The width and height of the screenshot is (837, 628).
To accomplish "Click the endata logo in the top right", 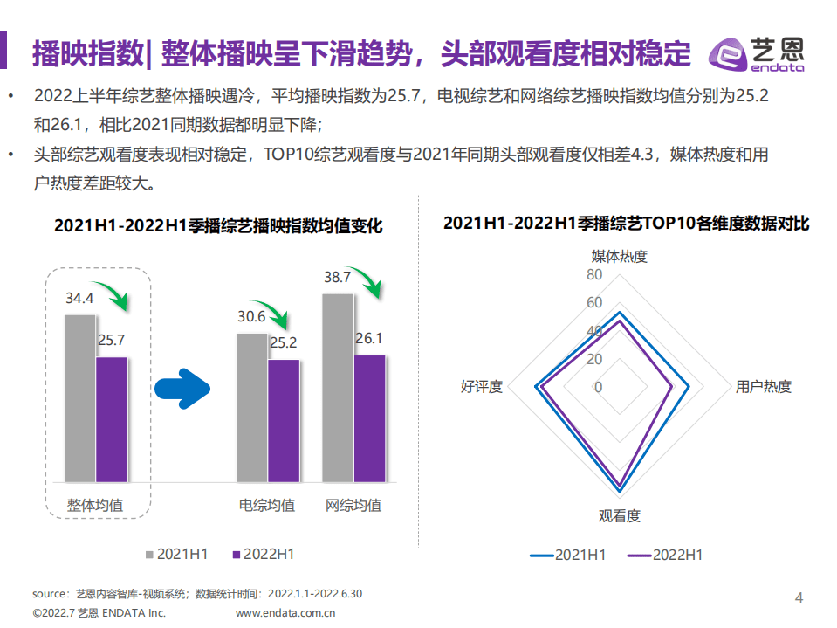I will point(756,54).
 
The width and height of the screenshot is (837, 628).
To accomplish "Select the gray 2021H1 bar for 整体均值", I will point(79,397).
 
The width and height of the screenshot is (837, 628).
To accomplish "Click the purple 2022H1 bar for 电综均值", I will point(283,420).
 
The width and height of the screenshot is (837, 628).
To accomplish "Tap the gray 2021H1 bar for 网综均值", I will point(338,387).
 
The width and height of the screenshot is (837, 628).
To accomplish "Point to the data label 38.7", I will point(337,278).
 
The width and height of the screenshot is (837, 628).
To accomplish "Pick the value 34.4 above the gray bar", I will point(79,299).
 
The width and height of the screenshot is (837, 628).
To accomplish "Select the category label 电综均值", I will point(267,506).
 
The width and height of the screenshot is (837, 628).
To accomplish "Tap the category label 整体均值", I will point(95,506).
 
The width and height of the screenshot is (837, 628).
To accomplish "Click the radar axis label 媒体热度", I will point(620,256).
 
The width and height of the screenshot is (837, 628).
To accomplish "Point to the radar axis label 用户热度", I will point(764,387).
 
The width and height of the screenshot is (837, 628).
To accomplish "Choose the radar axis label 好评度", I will point(481,387).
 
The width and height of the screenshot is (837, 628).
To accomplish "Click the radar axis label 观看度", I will point(620,516).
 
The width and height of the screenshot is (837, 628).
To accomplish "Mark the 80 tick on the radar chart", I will point(594,275).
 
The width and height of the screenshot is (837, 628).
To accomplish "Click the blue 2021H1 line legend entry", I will point(567,555).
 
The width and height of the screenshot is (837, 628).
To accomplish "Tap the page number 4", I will point(799,597).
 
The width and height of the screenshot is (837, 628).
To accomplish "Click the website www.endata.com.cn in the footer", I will point(285,613).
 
